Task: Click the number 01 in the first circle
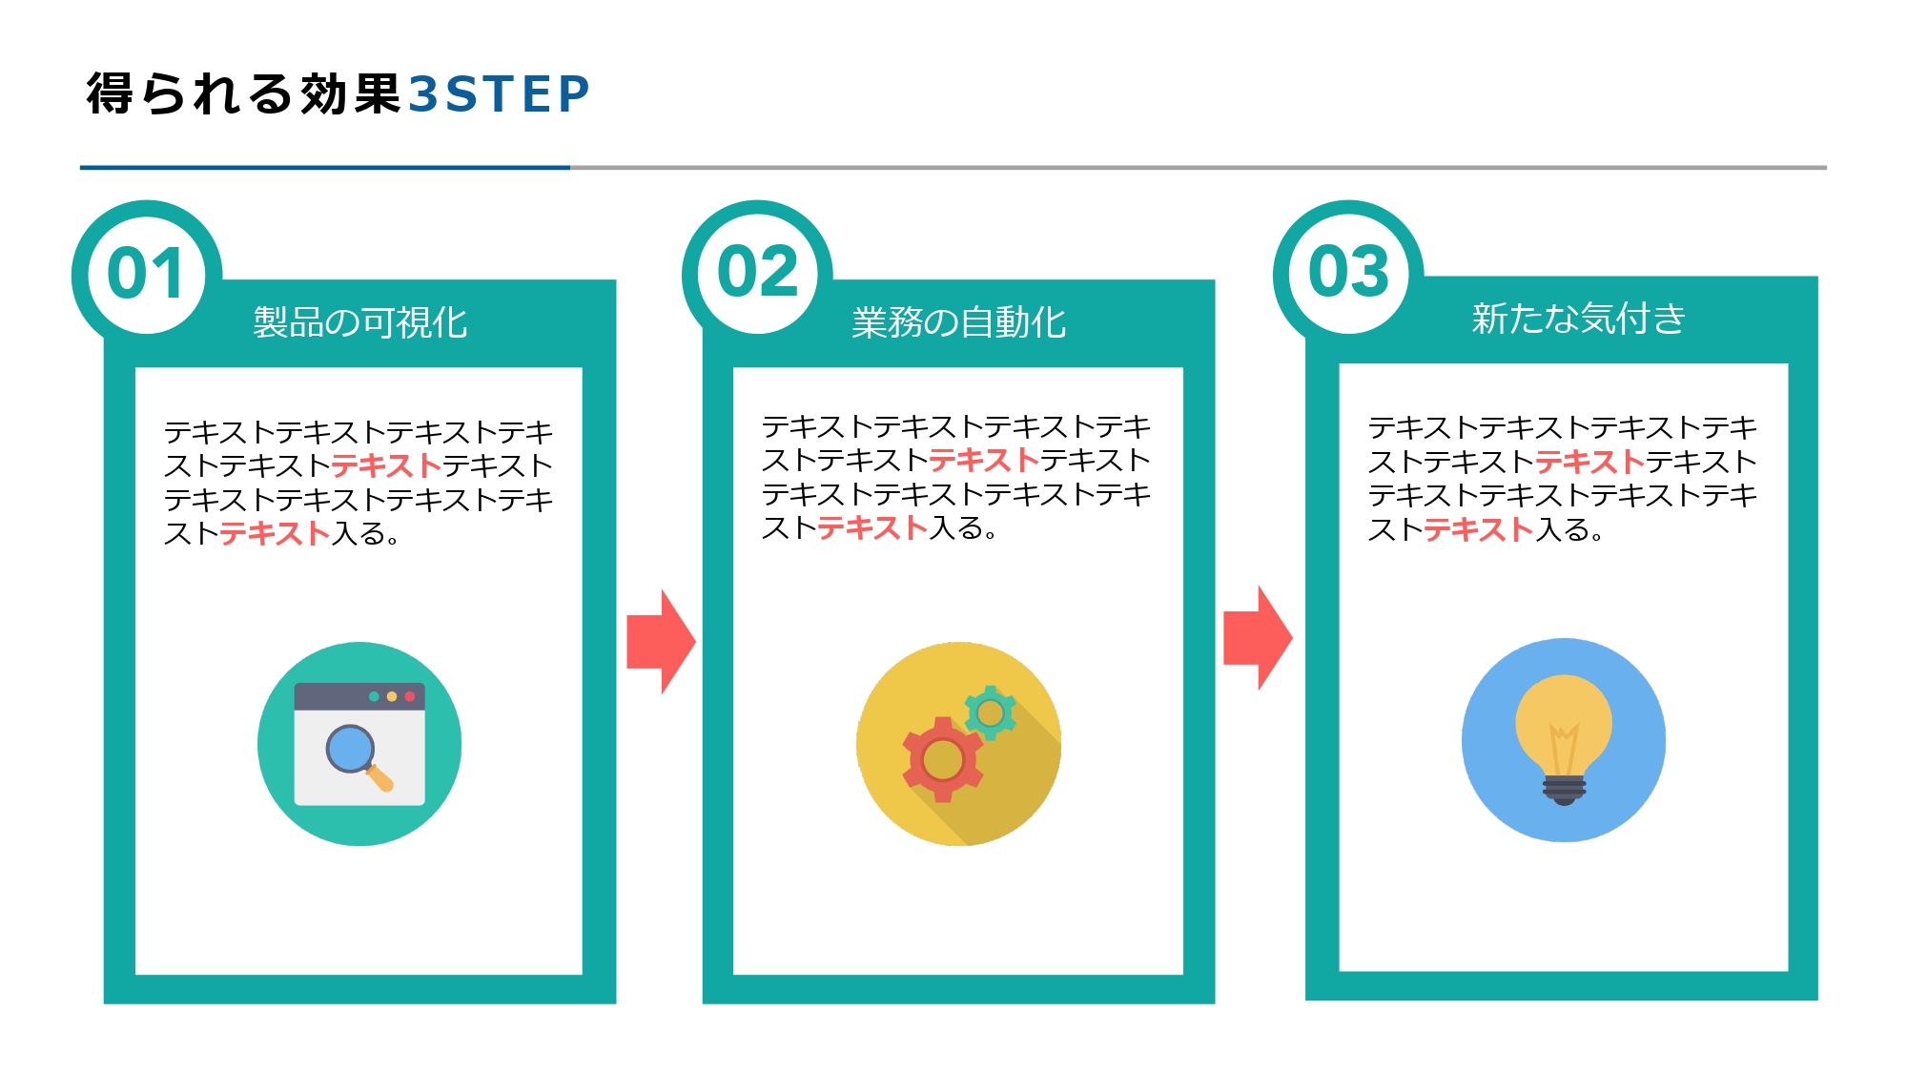[146, 274]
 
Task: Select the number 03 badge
[1348, 272]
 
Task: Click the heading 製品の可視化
[360, 322]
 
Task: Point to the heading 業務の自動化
[958, 322]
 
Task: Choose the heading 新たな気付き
[1578, 319]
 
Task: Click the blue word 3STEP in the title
[500, 94]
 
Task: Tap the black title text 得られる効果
[243, 94]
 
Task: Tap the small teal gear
[991, 712]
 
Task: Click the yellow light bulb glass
[1564, 720]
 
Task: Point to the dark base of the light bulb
[1565, 790]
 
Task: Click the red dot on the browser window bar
[410, 696]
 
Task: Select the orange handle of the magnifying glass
[381, 779]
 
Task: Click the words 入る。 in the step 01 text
[365, 534]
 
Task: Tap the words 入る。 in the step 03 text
[1569, 530]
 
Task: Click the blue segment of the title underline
[324, 168]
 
